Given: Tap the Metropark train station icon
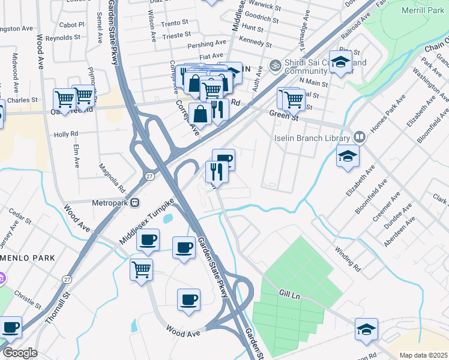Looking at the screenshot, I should (135, 202).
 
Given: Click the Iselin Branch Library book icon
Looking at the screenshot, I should (359, 137).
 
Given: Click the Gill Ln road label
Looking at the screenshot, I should (289, 295).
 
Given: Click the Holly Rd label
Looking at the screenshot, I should (66, 134).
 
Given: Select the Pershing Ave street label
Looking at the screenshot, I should (207, 44).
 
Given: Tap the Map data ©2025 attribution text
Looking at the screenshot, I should (423, 355).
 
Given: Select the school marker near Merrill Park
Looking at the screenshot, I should (340, 63).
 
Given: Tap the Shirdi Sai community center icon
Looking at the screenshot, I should (276, 64).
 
